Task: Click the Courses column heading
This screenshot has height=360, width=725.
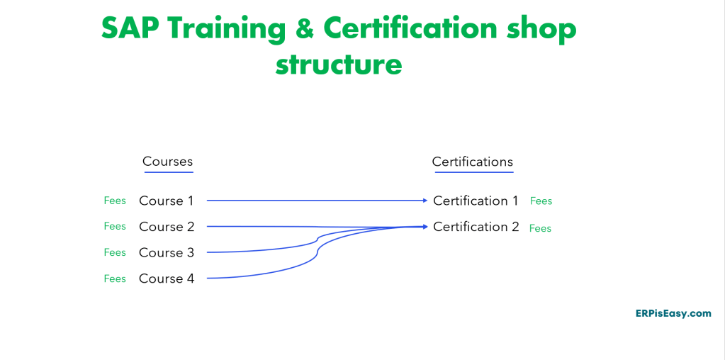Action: tap(167, 162)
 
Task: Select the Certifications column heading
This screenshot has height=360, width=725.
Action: tap(473, 162)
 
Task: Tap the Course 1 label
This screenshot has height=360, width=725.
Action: tap(167, 201)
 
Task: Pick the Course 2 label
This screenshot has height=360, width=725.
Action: tap(167, 227)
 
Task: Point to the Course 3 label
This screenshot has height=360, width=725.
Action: tap(167, 253)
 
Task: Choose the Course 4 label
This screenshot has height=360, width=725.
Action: tap(167, 279)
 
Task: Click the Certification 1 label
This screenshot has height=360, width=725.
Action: tap(476, 201)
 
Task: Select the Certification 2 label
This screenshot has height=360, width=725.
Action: tap(476, 227)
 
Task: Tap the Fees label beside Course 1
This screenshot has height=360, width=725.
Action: tap(115, 201)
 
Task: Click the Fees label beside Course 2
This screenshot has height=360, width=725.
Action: tap(115, 226)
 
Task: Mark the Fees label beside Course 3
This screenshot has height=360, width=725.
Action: tap(115, 252)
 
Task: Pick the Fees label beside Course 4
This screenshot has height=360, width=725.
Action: tap(115, 279)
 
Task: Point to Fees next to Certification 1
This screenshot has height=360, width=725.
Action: tap(541, 201)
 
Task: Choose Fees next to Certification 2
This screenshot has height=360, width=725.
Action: tap(541, 228)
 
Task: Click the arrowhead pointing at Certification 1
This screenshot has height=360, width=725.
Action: tap(425, 200)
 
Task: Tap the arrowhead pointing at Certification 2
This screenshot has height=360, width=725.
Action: tap(425, 227)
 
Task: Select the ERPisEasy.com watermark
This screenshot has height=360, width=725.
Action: tap(673, 313)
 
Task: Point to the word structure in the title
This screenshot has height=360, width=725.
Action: tap(339, 64)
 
